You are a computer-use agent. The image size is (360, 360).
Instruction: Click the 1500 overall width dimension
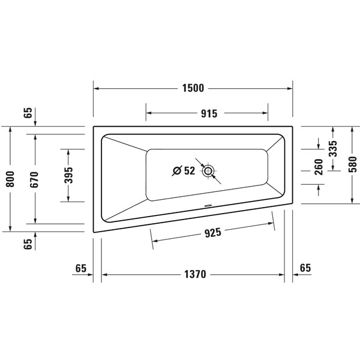click(193, 88)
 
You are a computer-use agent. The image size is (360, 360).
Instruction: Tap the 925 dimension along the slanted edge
click(212, 233)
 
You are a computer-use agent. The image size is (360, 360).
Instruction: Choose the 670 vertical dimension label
click(35, 179)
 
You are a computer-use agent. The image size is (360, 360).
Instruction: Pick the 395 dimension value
click(69, 175)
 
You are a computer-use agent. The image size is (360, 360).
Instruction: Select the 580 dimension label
click(352, 165)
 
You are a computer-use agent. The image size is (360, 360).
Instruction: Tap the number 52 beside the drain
click(188, 171)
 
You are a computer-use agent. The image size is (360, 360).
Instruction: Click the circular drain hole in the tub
click(208, 171)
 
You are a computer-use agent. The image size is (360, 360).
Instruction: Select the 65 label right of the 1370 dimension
click(305, 268)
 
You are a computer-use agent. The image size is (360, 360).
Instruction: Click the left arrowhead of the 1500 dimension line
click(95, 88)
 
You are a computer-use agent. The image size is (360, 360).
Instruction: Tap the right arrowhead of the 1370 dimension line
click(282, 275)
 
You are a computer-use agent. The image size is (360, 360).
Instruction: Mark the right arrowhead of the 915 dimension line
click(266, 112)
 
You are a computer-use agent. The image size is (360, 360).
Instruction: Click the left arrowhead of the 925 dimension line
click(153, 241)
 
